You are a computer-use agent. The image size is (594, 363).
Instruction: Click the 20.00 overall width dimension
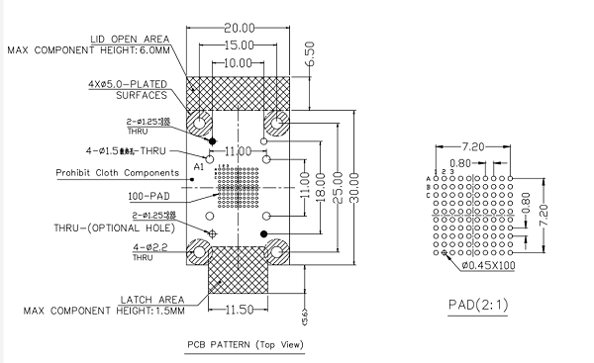coord(241,28)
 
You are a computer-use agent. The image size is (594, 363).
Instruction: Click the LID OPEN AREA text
coord(129,39)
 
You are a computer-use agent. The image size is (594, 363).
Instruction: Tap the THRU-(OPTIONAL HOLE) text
coord(115,227)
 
